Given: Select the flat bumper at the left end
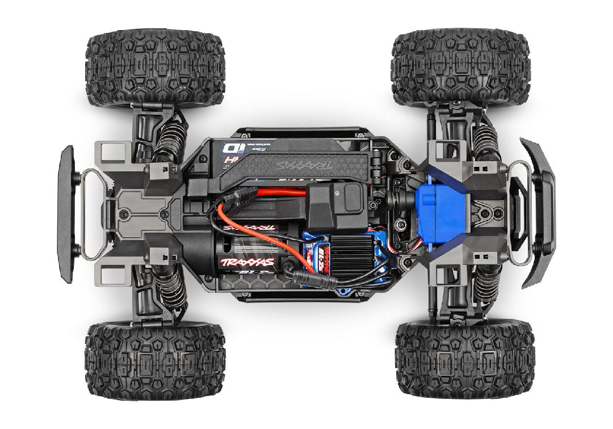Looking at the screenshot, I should [67, 213].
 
